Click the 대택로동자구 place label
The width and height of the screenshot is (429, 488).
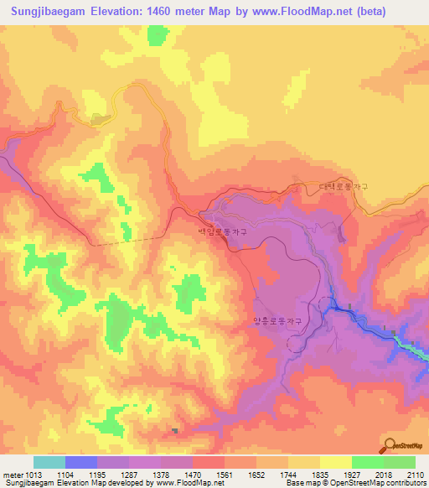tap(344, 187)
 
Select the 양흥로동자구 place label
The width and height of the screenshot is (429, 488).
tap(277, 320)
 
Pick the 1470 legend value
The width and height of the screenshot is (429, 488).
tap(193, 475)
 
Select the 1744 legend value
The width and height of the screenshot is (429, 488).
tap(288, 475)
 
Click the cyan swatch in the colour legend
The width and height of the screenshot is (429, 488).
tap(49, 462)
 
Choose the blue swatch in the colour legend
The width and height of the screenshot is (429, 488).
tap(81, 462)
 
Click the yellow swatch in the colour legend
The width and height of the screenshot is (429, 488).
tap(335, 462)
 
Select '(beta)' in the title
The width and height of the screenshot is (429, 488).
tap(369, 12)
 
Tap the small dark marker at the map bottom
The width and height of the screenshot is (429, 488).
tap(175, 431)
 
